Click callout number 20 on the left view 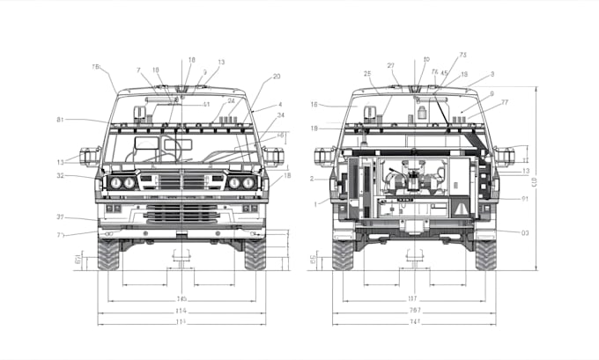277,77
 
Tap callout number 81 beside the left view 60,120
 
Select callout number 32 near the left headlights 61,176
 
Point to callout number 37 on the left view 61,217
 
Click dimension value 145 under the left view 181,298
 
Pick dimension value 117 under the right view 412,298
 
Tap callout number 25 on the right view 366,72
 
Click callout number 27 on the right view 390,65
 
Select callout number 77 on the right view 505,103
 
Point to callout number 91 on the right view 524,199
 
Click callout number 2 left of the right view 313,179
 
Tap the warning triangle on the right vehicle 462,208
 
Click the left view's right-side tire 255,253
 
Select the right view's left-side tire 343,253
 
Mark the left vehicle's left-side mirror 90,157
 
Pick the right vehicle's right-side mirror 505,157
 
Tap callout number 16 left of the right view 314,105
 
